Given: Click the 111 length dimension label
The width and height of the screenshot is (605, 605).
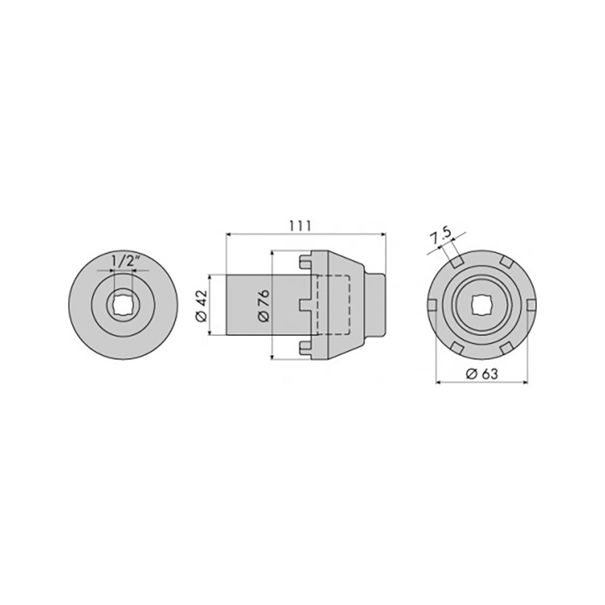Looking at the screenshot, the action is click(x=300, y=226).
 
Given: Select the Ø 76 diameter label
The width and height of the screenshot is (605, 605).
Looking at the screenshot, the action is click(x=264, y=306).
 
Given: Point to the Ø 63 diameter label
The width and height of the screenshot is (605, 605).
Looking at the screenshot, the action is click(x=482, y=373).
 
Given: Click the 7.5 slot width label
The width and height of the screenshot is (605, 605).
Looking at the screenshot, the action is click(x=440, y=236).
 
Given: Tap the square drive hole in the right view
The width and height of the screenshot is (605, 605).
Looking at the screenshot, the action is click(x=482, y=305).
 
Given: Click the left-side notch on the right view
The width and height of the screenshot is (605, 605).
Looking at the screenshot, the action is click(x=433, y=305).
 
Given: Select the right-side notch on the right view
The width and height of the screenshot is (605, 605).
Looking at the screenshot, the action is click(x=531, y=305).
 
